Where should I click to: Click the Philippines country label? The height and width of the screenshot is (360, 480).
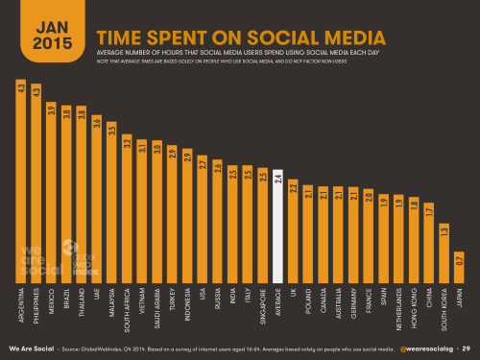point(38,304)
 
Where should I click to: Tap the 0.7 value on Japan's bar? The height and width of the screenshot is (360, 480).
point(459,259)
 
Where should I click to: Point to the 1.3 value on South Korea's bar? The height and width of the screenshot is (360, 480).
point(443,230)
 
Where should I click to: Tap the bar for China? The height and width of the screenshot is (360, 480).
point(426,240)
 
